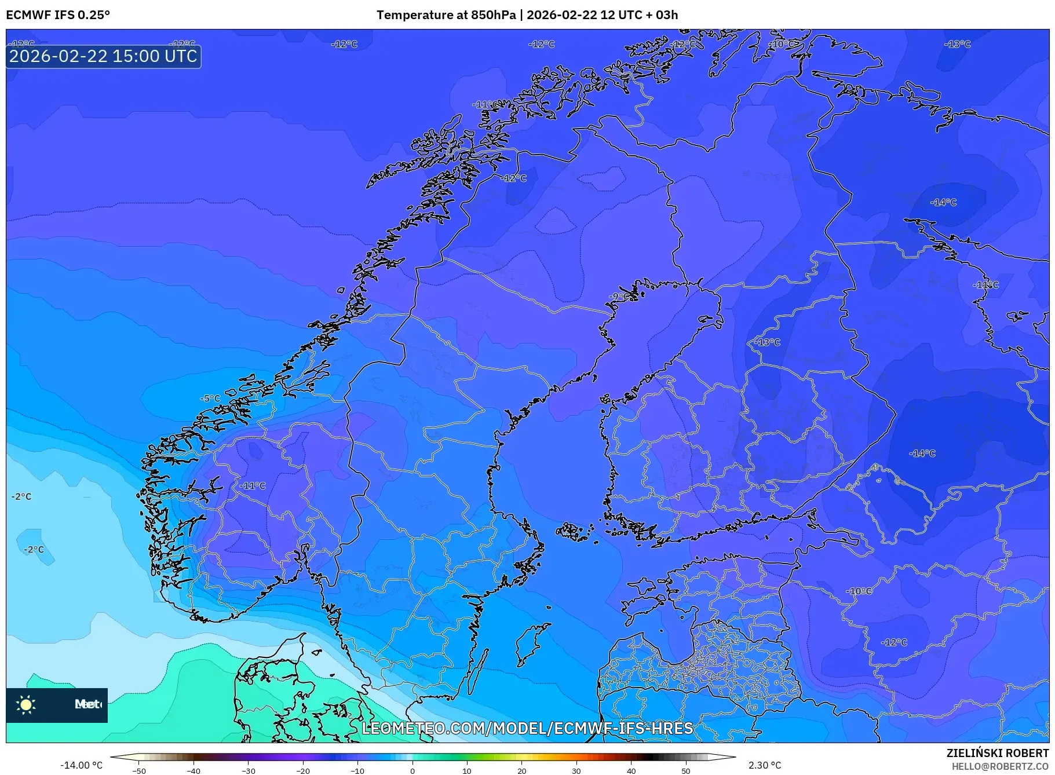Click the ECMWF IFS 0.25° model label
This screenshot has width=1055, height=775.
pyautogui.click(x=57, y=15)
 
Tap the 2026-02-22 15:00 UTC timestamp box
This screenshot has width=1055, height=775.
pyautogui.click(x=103, y=56)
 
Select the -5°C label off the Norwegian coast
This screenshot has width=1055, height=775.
pyautogui.click(x=210, y=399)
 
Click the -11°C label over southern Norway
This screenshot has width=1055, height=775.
pyautogui.click(x=253, y=486)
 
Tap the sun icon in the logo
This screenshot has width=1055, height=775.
pyautogui.click(x=26, y=704)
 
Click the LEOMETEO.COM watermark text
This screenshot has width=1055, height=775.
pyautogui.click(x=527, y=728)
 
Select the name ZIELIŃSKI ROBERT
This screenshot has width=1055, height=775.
pyautogui.click(x=997, y=753)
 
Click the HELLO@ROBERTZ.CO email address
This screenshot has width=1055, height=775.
pyautogui.click(x=1000, y=766)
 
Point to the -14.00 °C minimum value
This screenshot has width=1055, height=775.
pyautogui.click(x=81, y=765)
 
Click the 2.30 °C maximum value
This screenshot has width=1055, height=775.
pyautogui.click(x=765, y=765)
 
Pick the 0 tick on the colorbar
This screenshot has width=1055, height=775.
pyautogui.click(x=412, y=770)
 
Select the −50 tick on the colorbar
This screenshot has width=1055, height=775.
pyautogui.click(x=138, y=770)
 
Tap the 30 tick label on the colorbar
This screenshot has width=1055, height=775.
pyautogui.click(x=576, y=770)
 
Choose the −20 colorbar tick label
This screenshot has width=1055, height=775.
pyautogui.click(x=302, y=770)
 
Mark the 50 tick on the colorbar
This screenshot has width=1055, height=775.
pyautogui.click(x=686, y=770)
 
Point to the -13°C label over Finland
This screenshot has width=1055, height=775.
pyautogui.click(x=767, y=342)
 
